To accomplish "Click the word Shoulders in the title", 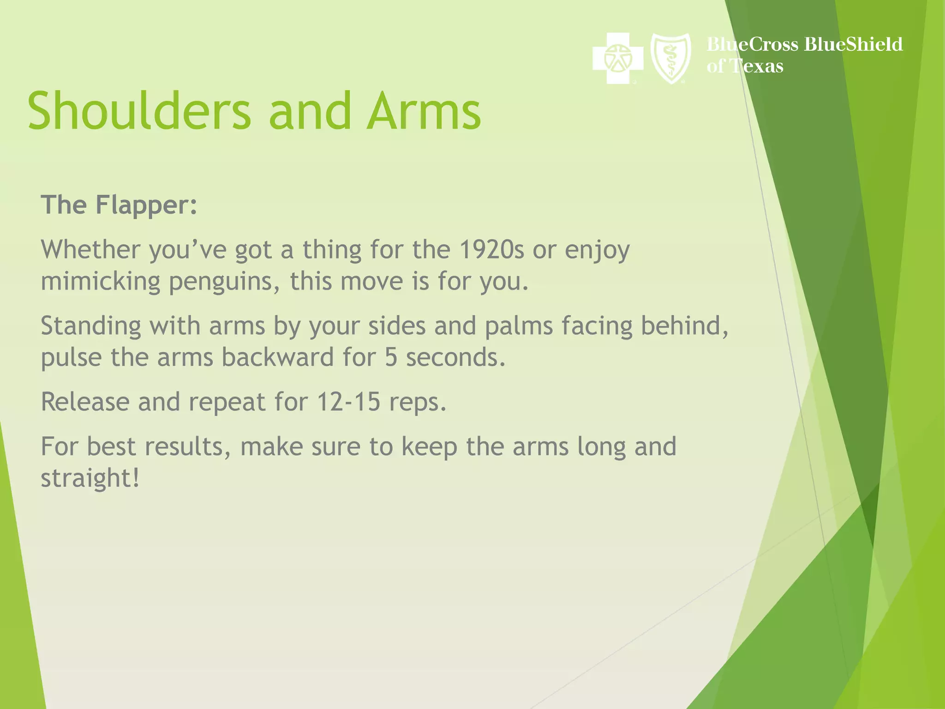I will pos(139,111).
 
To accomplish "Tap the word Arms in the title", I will pos(424,111).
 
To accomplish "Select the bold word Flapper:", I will pos(147,205).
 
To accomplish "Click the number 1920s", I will pos(492,250).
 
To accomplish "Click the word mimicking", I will pos(100,282).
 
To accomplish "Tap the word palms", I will pos(519,326).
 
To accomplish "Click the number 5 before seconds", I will pos(391,357).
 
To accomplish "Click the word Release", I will pos(85,402).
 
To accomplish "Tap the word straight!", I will pos(90,478).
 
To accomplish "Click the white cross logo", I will pos(618,58).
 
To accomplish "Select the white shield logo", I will pos(670,58).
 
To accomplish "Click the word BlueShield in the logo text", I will pos(853,44).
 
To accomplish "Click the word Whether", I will pos(90,250).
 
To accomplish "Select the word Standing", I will pos(91,326).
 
